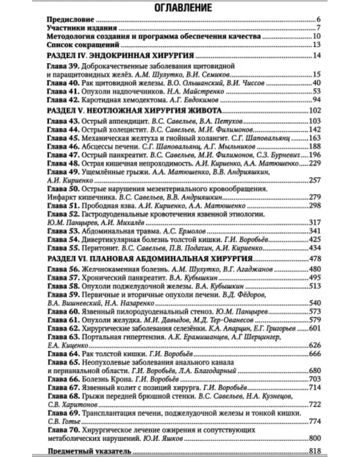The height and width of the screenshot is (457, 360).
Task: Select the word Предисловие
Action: click(x=70, y=19)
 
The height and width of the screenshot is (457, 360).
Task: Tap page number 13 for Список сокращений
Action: click(x=316, y=44)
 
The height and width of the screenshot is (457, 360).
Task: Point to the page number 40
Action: click(x=316, y=82)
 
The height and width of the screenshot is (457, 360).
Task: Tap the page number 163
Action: click(x=314, y=138)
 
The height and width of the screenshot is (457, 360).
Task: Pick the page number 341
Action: click(x=314, y=231)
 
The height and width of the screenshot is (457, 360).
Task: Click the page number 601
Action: click(x=314, y=328)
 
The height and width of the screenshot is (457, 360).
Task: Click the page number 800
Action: click(x=314, y=438)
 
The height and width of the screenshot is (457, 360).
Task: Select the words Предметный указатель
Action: click(x=89, y=451)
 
